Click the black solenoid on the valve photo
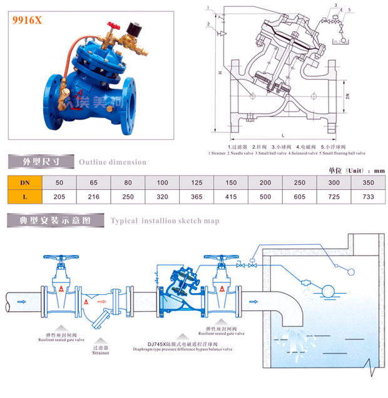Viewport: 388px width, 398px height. [x=132, y=30]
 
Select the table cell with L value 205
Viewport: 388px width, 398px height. [x=59, y=197]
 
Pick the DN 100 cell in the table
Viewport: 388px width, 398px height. [x=162, y=182]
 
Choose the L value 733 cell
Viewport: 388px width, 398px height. [x=368, y=197]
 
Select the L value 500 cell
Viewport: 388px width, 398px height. [x=265, y=197]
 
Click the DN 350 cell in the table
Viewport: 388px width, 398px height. [x=368, y=182]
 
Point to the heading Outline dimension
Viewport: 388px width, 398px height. [x=113, y=162]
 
